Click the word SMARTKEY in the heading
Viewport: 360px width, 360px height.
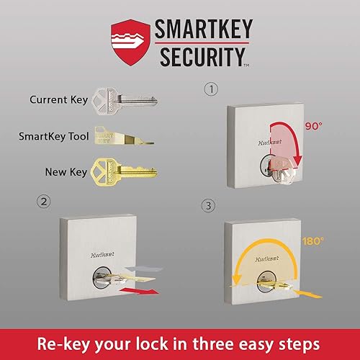pyautogui.click(x=202, y=29)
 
